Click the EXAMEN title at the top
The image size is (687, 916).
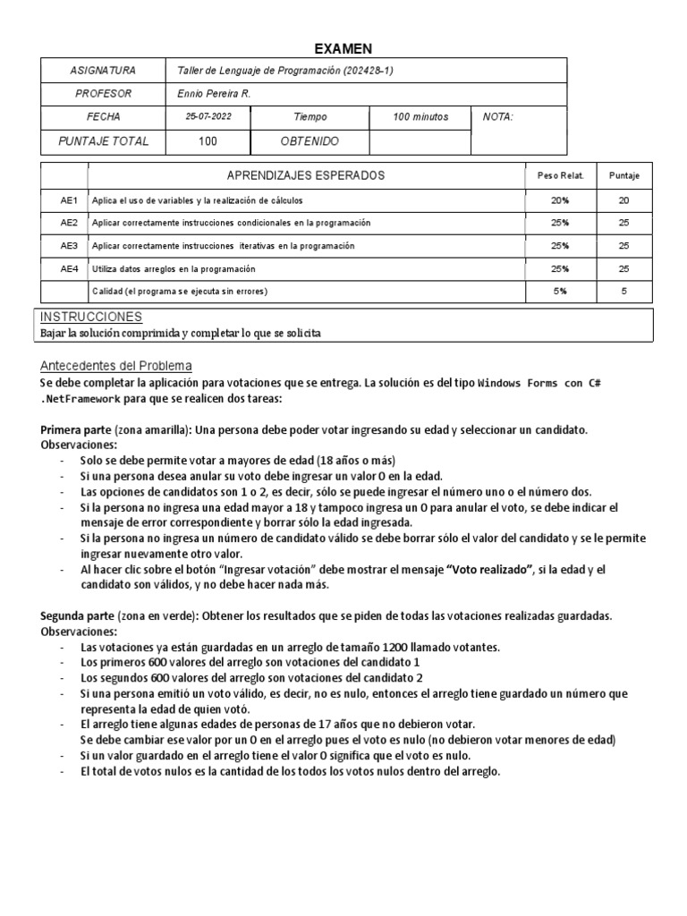[343, 48]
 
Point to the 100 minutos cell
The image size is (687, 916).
[420, 117]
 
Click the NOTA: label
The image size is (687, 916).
[497, 117]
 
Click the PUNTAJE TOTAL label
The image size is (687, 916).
[103, 141]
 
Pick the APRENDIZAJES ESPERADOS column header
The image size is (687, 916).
[306, 175]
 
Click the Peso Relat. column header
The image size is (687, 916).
[559, 175]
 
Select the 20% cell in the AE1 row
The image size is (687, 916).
[559, 199]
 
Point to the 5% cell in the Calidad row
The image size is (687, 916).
[559, 291]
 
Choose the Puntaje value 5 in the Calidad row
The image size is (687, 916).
[623, 291]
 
